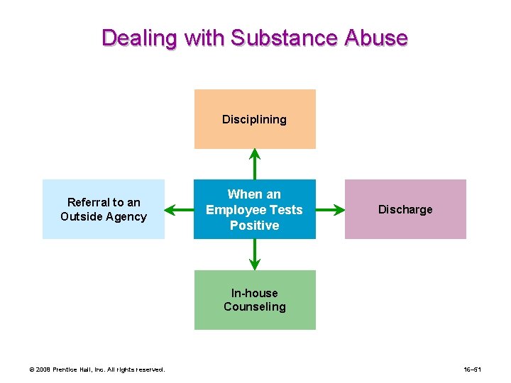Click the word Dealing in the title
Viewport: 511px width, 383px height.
[140, 38]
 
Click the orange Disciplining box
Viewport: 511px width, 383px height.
[255, 119]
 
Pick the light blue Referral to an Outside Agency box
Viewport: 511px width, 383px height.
[104, 209]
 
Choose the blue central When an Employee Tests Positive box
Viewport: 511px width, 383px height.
[255, 209]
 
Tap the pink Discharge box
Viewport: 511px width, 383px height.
[405, 209]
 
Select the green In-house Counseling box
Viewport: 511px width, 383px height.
[255, 299]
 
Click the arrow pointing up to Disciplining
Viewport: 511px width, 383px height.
[255, 164]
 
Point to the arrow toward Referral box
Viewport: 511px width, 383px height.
[179, 209]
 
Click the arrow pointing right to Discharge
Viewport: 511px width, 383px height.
[330, 209]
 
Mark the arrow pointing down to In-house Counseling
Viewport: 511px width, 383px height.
[255, 255]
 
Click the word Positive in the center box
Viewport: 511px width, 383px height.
[255, 225]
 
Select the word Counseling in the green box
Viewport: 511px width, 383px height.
[255, 306]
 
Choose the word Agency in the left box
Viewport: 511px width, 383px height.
[128, 216]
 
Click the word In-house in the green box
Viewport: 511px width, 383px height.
[255, 293]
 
